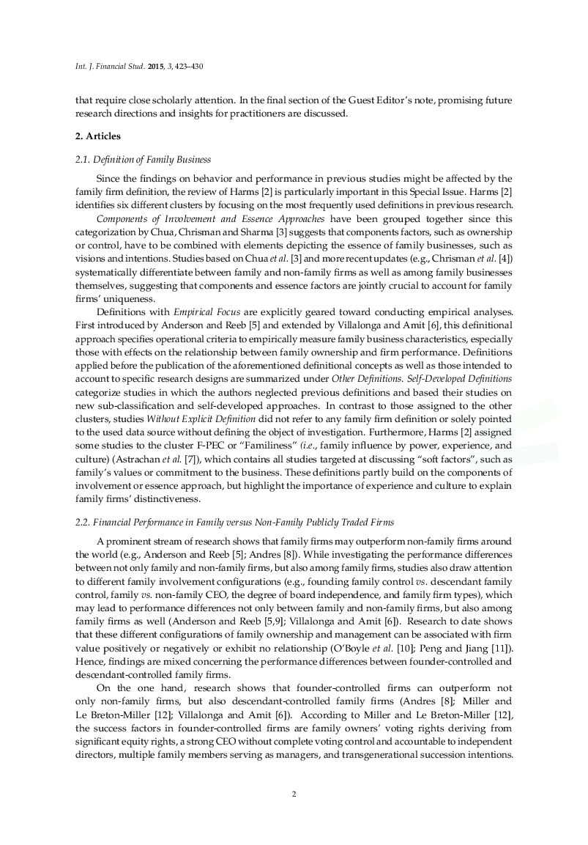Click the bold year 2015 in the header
[x=156, y=66]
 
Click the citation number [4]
[x=506, y=257]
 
